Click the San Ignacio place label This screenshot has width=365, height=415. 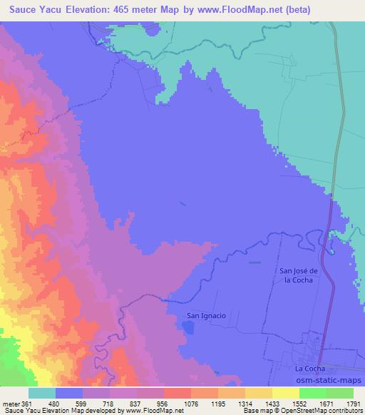click(206, 315)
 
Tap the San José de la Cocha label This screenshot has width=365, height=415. click(306, 275)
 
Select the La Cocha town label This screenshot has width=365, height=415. click(309, 369)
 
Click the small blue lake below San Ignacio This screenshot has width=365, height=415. click(187, 327)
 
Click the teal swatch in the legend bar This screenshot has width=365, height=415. click(42, 392)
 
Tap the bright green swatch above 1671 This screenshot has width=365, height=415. click(312, 392)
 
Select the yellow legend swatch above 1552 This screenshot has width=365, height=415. click(286, 392)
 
